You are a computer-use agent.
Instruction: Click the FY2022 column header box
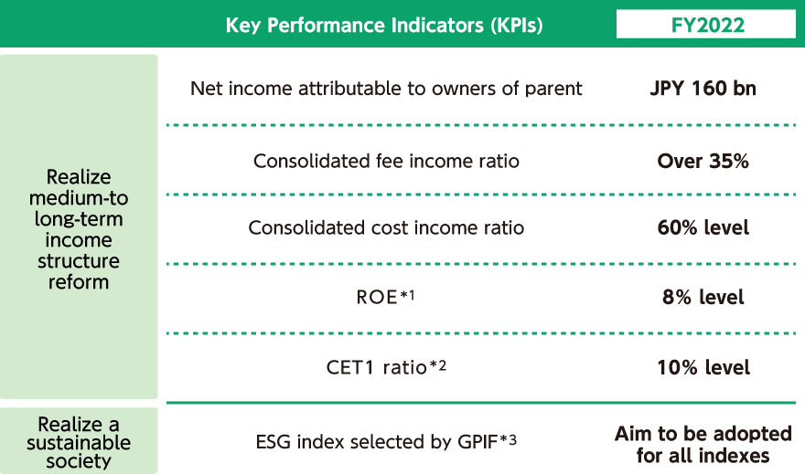click(706, 24)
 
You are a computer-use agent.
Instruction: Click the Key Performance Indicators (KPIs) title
click(384, 25)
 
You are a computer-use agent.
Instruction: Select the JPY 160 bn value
click(703, 89)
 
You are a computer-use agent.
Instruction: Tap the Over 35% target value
click(703, 161)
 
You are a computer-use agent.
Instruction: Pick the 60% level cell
click(703, 227)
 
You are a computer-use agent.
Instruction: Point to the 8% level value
click(703, 297)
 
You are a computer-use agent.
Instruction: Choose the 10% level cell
click(703, 367)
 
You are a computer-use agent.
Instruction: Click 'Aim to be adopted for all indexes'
click(703, 444)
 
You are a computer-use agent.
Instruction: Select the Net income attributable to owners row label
click(386, 89)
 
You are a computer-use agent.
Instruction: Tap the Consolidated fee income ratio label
click(386, 161)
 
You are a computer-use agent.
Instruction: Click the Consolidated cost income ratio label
click(386, 227)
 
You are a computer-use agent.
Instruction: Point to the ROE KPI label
click(377, 297)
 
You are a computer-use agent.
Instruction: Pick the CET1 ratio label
click(376, 367)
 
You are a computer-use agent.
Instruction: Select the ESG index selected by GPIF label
click(377, 442)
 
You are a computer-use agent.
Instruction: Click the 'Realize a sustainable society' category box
click(79, 441)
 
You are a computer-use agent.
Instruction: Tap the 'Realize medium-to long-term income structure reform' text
click(79, 229)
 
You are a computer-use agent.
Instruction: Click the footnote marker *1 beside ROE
click(407, 295)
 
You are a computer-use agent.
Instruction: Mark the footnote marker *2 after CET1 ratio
click(438, 365)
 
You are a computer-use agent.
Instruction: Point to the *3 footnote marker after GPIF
click(508, 439)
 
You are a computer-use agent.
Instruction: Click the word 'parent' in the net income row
click(553, 90)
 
